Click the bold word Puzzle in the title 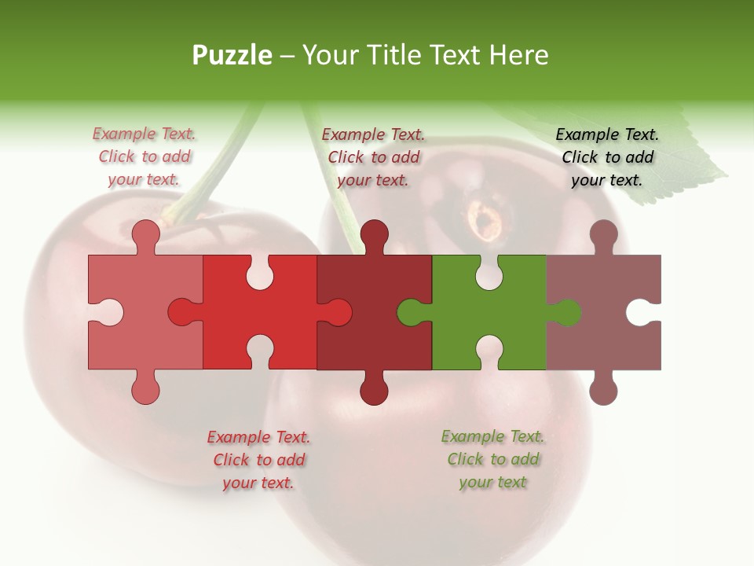click(x=232, y=55)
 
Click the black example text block click(x=607, y=157)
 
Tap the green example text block click(x=492, y=459)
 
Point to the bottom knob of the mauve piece click(x=603, y=389)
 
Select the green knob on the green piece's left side click(x=410, y=312)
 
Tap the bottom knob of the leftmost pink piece click(x=146, y=389)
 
